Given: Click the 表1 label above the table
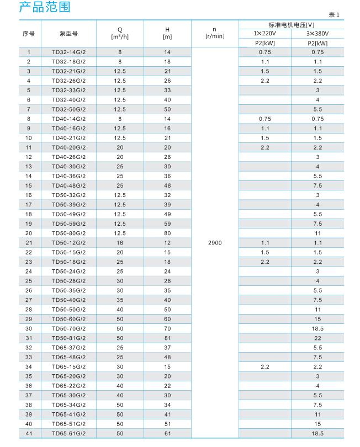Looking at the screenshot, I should (335, 15).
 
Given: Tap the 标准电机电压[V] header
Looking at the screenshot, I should (291, 24).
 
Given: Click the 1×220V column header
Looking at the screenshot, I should (264, 33).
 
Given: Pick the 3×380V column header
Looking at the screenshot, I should (317, 33).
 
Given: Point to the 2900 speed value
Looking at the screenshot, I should (215, 243).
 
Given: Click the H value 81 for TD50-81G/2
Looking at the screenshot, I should (167, 338).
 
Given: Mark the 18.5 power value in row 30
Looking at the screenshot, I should (317, 328).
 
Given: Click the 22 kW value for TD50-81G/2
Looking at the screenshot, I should (317, 338).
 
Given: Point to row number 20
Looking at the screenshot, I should (29, 233).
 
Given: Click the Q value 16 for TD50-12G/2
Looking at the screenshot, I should (120, 243).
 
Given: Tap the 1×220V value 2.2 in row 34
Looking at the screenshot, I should (264, 367).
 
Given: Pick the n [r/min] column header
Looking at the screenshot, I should (215, 34).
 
